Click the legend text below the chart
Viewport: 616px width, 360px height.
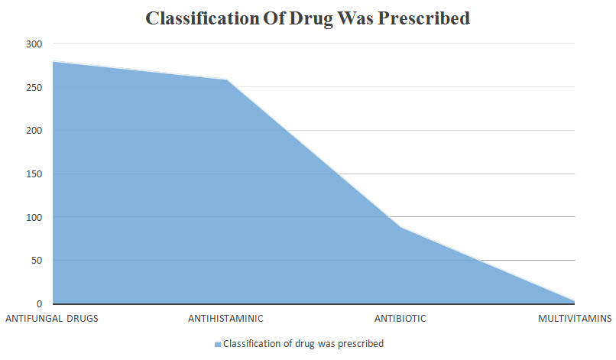302,344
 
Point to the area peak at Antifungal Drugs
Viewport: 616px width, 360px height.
53,61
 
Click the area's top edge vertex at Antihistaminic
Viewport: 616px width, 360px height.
227,79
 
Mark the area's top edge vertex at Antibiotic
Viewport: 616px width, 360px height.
400,227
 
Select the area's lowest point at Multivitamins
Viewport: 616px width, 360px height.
574,301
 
